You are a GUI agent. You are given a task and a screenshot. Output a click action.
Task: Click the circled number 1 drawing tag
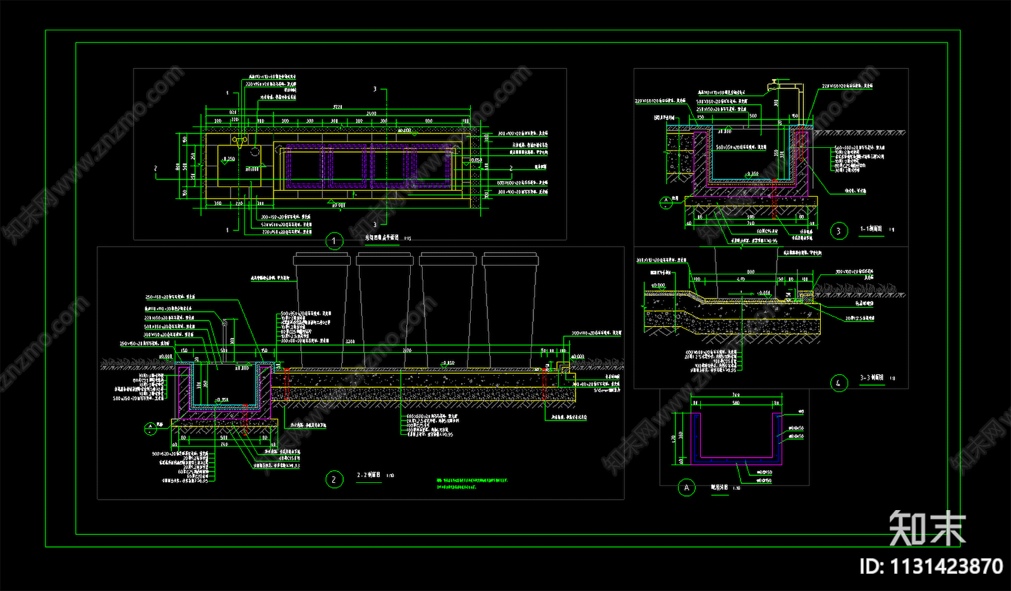(x=334, y=241)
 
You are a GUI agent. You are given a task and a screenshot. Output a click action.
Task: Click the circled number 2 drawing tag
(x=334, y=480)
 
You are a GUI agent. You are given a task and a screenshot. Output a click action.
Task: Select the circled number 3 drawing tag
(x=838, y=231)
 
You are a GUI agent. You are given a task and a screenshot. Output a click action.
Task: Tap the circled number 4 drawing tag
(x=838, y=383)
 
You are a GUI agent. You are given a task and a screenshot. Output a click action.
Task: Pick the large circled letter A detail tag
(x=687, y=487)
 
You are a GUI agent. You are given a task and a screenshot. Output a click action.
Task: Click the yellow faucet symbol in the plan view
(x=239, y=140)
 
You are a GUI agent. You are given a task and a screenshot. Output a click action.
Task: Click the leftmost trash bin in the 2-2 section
(x=322, y=310)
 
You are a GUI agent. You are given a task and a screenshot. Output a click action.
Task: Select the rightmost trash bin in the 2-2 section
(x=510, y=310)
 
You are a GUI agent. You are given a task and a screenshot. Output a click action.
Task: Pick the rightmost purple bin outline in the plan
(x=432, y=166)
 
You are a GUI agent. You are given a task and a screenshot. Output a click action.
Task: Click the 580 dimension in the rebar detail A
(x=736, y=403)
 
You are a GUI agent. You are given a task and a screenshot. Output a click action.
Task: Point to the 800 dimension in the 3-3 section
(x=750, y=272)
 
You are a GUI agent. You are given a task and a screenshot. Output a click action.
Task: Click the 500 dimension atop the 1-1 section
(x=753, y=116)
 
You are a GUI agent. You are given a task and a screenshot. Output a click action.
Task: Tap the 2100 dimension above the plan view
(x=372, y=114)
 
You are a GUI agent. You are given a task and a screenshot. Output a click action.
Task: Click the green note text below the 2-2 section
(x=471, y=484)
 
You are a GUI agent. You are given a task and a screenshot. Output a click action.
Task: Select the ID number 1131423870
(x=931, y=566)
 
